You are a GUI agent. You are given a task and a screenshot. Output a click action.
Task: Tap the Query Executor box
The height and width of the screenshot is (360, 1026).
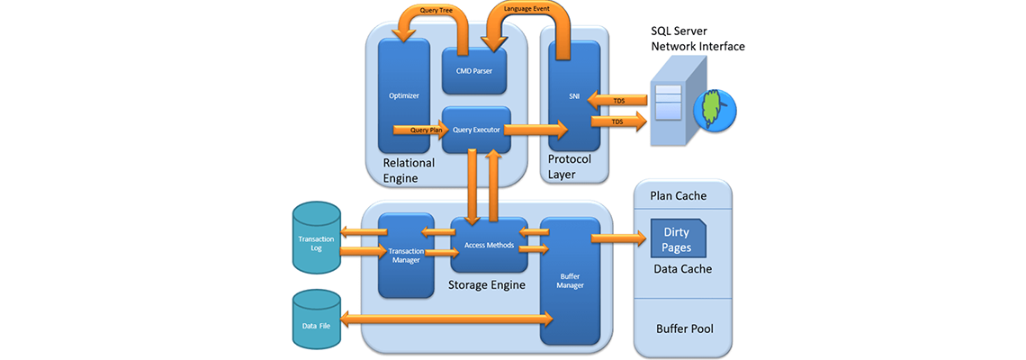coord(476,130)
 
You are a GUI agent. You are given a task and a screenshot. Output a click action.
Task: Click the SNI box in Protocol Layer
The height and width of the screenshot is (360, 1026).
coord(573,95)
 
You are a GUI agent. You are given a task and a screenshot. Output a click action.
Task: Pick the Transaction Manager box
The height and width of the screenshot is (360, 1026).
coord(407,256)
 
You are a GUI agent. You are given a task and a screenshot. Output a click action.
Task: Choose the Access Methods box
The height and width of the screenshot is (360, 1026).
coord(489,245)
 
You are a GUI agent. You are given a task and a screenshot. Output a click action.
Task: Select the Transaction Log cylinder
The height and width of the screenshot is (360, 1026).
coord(316,238)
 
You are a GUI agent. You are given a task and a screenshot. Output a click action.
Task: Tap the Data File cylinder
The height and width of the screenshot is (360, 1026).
coord(316,319)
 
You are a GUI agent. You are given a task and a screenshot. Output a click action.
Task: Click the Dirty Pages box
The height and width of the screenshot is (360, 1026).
coord(677,238)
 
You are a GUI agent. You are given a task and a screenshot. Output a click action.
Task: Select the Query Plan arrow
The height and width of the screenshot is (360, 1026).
coord(418,130)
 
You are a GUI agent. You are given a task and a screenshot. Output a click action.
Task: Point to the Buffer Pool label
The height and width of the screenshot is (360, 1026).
coord(684,328)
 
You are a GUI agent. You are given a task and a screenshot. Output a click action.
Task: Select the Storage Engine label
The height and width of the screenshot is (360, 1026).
coord(487,285)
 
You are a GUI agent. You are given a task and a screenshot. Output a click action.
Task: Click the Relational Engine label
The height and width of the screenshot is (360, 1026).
coord(409,170)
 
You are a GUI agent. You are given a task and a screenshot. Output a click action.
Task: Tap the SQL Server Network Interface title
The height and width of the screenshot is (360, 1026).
coord(697,39)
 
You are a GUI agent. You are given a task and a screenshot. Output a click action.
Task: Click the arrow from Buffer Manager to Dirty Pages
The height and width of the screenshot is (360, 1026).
coord(619,238)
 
